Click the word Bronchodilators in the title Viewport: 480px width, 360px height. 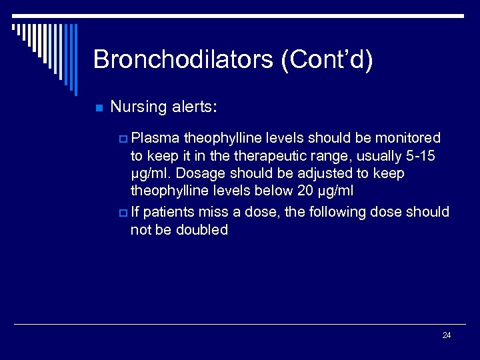[x=183, y=60]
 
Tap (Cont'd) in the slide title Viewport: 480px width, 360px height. [x=327, y=60]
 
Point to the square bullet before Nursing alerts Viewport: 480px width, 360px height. [x=99, y=108]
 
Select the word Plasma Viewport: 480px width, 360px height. [x=155, y=138]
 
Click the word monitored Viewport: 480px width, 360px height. [x=408, y=138]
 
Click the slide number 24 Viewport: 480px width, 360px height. [x=447, y=335]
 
